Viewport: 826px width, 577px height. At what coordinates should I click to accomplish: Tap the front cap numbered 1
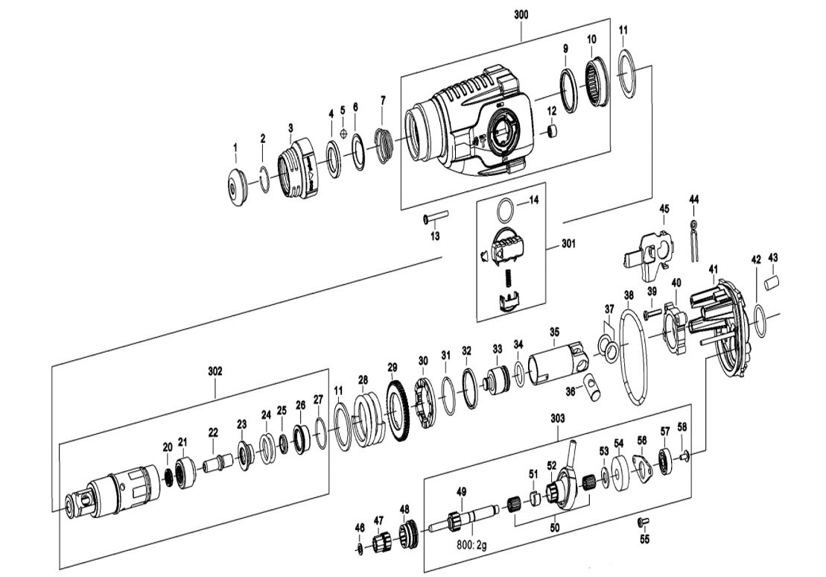coord(238,186)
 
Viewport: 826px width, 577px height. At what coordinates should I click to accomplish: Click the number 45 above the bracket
coord(664,209)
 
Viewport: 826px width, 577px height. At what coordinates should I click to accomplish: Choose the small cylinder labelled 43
coord(772,281)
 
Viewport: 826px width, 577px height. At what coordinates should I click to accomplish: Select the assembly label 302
coord(215,371)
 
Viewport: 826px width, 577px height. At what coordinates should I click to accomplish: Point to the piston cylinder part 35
coord(556,365)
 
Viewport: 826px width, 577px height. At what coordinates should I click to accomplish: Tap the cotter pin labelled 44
coord(693,239)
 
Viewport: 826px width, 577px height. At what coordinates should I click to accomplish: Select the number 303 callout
coord(558,419)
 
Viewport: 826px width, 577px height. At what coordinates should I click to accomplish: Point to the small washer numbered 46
coord(360,549)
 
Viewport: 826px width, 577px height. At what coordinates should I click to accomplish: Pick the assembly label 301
coord(569,243)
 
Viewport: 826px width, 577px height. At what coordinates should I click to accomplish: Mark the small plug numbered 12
coord(553,130)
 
